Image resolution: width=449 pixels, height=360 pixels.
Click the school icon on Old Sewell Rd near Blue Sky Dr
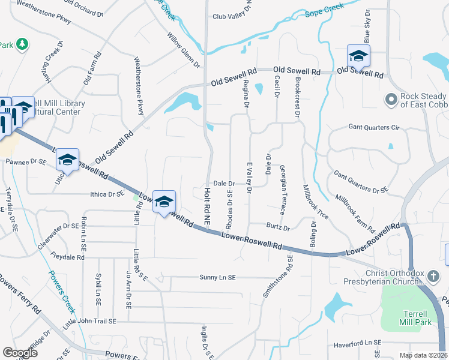358,56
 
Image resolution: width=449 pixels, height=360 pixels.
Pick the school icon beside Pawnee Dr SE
67,160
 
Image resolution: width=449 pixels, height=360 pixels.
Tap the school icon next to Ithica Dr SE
163,202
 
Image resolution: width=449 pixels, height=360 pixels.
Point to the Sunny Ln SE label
219,277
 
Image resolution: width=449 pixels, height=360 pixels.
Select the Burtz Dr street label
279,228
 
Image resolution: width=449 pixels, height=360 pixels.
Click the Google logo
20,353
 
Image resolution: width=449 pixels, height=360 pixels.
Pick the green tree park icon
22,44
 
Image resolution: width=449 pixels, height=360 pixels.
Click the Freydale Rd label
67,257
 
